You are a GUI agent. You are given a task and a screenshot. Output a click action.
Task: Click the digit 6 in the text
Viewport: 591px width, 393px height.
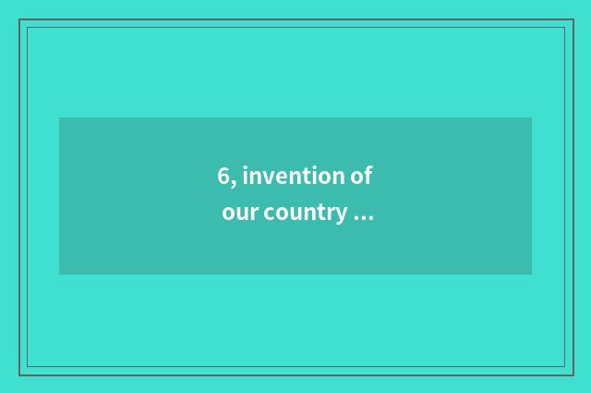[223, 176]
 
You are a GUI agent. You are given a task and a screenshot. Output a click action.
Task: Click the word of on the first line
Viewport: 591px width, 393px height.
[361, 176]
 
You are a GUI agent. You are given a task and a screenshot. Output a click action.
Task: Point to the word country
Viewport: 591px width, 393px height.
[305, 214]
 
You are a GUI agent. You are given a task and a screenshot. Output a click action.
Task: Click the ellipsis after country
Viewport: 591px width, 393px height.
[363, 219]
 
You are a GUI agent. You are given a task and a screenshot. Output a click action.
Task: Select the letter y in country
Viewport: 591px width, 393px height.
[341, 216]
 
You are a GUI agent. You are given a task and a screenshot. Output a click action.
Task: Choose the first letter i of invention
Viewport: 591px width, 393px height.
[245, 175]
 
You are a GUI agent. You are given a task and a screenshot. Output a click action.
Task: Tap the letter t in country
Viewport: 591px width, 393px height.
[320, 214]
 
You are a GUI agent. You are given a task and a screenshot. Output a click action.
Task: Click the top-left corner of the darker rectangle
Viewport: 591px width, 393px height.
[59, 117]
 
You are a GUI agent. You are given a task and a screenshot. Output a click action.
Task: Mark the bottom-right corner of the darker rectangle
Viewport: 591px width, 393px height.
[532, 275]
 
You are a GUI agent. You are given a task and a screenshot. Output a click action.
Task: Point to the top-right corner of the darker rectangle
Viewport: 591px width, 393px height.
[532, 117]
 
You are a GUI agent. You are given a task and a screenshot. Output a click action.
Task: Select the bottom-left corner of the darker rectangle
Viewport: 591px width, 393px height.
[59, 275]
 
